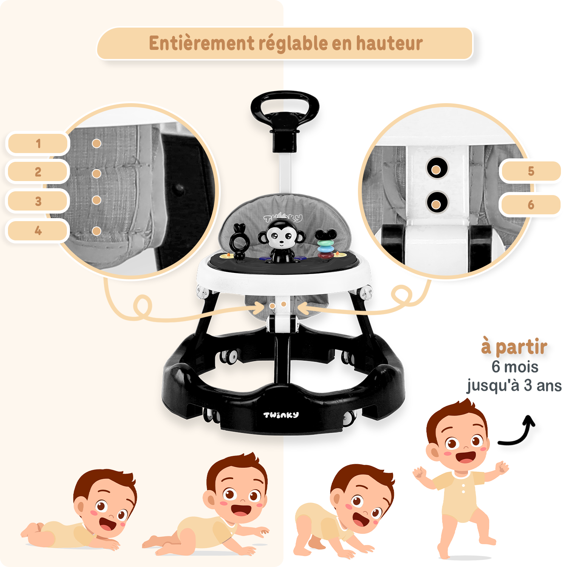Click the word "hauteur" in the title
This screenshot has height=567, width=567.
[389, 43]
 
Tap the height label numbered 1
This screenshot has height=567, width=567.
[38, 143]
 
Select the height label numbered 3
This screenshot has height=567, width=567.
[38, 201]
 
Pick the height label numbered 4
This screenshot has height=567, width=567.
[38, 230]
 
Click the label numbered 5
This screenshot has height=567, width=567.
[531, 171]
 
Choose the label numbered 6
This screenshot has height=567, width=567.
[531, 205]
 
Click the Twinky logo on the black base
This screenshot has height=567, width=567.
[281, 415]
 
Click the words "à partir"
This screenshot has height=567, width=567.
[514, 347]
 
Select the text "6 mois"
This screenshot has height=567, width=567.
[515, 367]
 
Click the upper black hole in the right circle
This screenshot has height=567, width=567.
[437, 168]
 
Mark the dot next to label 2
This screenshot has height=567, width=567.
[96, 174]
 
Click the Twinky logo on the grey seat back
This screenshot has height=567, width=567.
[283, 218]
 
